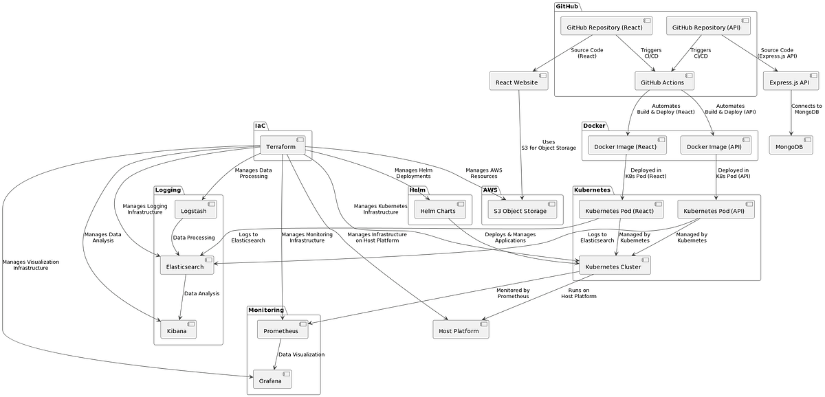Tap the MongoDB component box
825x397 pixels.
point(791,146)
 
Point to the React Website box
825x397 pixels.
point(518,82)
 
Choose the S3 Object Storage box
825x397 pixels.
point(522,210)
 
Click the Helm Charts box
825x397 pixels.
point(440,210)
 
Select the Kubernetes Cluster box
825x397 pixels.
point(614,266)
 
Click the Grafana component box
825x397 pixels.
point(272,380)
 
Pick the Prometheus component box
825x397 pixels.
point(283,330)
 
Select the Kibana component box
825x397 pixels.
point(178,330)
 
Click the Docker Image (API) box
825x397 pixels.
point(716,146)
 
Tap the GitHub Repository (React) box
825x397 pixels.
point(606,27)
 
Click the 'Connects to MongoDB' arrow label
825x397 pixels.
point(806,110)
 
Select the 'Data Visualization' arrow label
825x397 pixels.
point(301,354)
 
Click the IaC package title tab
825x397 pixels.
point(261,126)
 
